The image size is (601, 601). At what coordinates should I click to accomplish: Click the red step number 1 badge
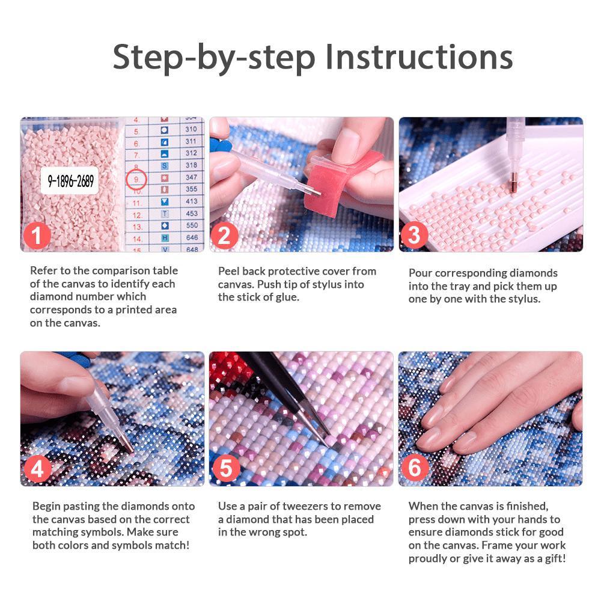[37, 236]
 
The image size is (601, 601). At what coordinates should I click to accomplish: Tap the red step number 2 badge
[224, 236]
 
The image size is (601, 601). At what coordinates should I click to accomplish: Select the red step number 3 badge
[414, 235]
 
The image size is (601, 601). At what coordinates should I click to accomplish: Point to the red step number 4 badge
[37, 469]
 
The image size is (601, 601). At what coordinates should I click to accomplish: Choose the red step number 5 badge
[226, 468]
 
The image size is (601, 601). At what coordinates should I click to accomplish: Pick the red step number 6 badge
[415, 468]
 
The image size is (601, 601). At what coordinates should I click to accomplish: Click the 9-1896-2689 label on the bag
[70, 180]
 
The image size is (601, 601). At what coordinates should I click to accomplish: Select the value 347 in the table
[191, 177]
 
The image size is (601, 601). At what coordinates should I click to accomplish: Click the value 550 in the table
[192, 225]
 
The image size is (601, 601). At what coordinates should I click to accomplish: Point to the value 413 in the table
[192, 201]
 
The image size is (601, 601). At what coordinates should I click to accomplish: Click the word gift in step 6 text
[555, 558]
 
